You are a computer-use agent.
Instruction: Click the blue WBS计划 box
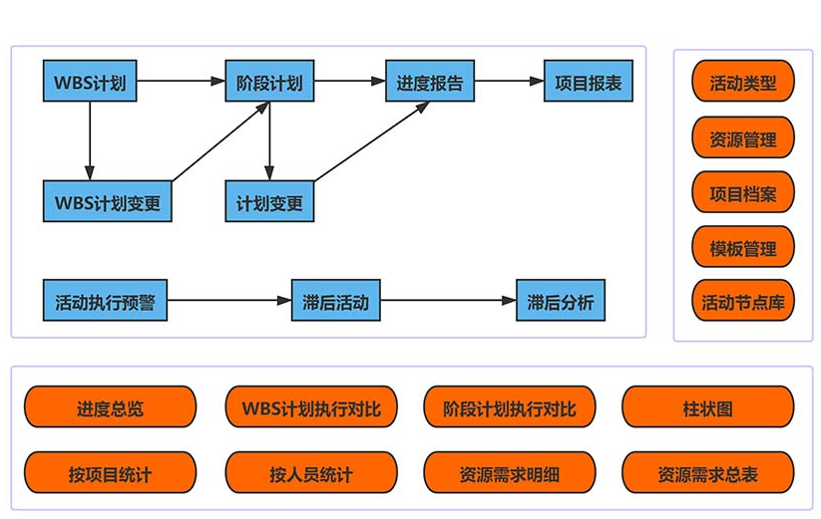[x=90, y=82]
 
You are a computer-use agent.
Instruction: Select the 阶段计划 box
[x=268, y=82]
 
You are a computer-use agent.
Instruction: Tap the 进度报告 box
[x=429, y=82]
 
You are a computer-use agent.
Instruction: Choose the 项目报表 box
[x=588, y=82]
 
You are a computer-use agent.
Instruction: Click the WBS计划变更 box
[x=107, y=201]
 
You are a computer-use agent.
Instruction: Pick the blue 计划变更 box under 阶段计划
[x=268, y=201]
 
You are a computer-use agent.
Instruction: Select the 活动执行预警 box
[x=105, y=300]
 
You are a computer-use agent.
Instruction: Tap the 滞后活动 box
[x=335, y=300]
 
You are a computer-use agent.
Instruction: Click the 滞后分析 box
[x=560, y=300]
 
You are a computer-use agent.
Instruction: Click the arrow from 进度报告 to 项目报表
[x=509, y=82]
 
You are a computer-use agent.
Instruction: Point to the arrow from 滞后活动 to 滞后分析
[x=448, y=300]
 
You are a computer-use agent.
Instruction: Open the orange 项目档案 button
[x=742, y=192]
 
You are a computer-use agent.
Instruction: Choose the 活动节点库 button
[x=742, y=301]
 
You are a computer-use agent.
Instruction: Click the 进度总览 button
[x=110, y=407]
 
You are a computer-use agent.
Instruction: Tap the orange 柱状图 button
[x=707, y=407]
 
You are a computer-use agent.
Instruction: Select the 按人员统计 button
[x=310, y=473]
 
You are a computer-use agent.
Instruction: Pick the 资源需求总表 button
[x=707, y=473]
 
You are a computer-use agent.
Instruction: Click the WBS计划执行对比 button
[x=310, y=407]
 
